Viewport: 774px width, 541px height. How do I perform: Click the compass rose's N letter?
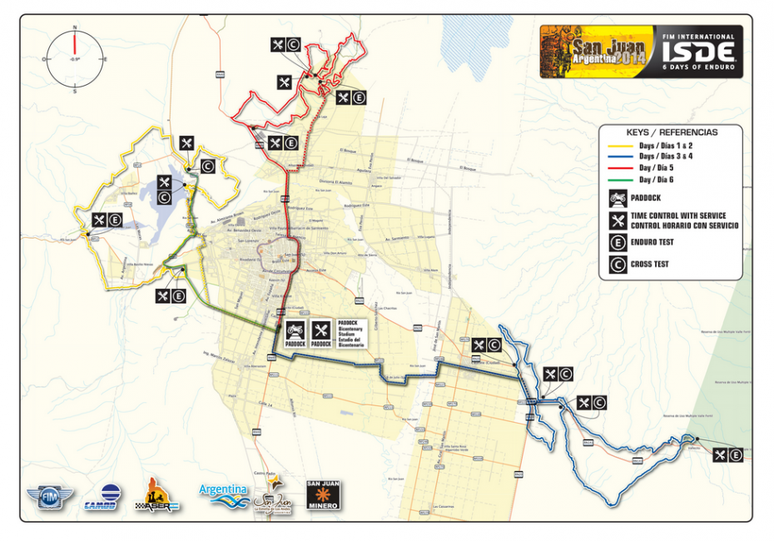(x=75, y=28)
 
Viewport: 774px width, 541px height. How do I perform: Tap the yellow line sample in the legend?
(x=619, y=145)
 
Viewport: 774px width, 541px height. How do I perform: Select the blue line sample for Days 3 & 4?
(x=619, y=156)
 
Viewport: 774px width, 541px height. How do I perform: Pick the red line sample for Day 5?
(x=619, y=167)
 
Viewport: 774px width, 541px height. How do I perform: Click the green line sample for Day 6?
(x=619, y=179)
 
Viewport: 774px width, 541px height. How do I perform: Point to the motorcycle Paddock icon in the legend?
(x=618, y=198)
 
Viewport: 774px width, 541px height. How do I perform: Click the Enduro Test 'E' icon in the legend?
(x=618, y=243)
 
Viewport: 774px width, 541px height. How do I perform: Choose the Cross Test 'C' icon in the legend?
(x=618, y=266)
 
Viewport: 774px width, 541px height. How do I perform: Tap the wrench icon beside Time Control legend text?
(x=618, y=221)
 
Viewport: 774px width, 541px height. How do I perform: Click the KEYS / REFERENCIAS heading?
(x=671, y=132)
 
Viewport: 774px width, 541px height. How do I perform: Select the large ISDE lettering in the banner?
(x=698, y=51)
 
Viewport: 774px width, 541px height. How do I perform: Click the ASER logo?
(x=160, y=495)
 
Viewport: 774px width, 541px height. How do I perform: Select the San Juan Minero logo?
(x=323, y=495)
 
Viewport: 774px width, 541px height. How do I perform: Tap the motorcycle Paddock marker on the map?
(x=295, y=333)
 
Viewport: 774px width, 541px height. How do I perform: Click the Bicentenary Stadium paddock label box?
(x=356, y=333)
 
